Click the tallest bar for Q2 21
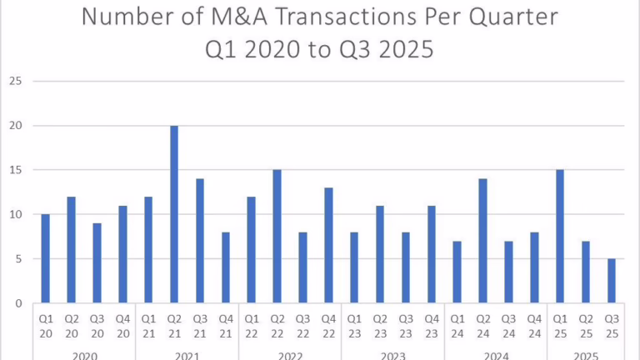(174, 214)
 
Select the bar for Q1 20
(46, 258)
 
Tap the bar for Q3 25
(612, 281)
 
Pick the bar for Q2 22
(277, 237)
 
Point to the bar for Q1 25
(560, 237)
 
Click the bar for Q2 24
(482, 241)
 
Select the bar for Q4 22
(328, 245)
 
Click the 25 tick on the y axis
(14, 82)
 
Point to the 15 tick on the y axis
(14, 170)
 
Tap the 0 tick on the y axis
(17, 303)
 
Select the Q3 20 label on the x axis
(97, 325)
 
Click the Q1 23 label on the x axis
(354, 325)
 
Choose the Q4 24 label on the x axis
(534, 325)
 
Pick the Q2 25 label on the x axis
(586, 325)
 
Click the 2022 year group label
(290, 355)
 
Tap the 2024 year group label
(496, 355)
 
